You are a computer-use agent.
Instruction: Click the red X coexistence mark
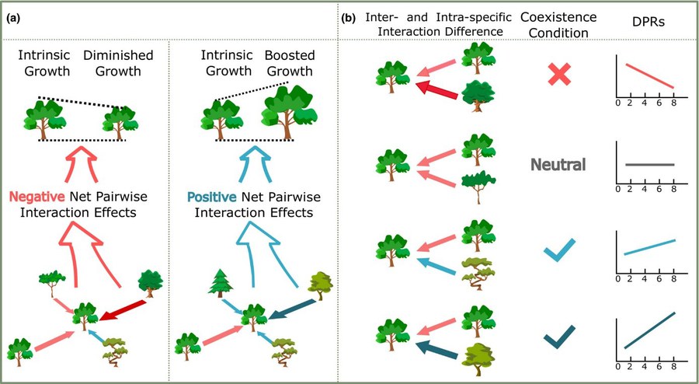559,75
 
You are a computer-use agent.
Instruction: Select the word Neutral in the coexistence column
558,165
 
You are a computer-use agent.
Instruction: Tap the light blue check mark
559,250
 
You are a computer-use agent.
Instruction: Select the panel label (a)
13,20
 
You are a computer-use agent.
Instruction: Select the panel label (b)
348,20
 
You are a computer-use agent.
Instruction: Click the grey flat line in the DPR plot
650,165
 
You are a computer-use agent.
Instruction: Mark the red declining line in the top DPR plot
650,76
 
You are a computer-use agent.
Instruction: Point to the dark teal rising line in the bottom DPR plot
650,330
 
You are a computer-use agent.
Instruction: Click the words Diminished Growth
118,63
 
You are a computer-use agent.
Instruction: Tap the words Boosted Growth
290,63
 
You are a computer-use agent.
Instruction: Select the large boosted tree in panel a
290,112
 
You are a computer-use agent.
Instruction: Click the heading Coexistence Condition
558,25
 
